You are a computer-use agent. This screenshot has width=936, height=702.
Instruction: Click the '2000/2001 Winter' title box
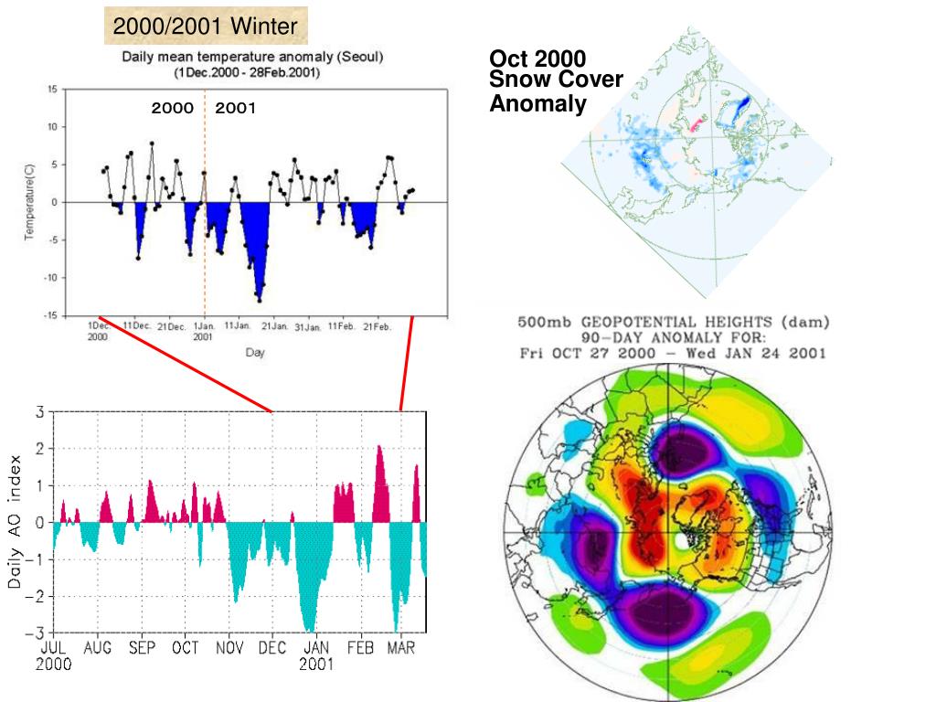(205, 27)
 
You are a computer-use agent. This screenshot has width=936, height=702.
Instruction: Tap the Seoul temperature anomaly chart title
(253, 64)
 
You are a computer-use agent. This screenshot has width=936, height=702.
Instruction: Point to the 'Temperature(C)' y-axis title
(29, 202)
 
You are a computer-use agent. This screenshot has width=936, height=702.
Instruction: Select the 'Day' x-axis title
(255, 353)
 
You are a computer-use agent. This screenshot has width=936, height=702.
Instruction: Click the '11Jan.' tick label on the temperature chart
(238, 325)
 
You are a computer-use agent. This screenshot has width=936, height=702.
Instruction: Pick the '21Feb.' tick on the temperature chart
(377, 325)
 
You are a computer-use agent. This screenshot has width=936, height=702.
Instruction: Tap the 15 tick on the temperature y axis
(52, 89)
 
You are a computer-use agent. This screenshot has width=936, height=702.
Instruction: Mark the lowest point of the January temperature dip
(260, 300)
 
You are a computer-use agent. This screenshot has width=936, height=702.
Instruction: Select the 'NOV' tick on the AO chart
(230, 647)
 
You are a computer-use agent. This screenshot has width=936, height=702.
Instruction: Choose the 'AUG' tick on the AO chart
(98, 647)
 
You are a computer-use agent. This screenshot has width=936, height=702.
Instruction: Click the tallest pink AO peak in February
(379, 447)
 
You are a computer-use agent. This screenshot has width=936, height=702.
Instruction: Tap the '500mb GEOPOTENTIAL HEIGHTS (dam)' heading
(674, 322)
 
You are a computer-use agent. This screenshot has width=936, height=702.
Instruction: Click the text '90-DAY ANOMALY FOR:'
(674, 337)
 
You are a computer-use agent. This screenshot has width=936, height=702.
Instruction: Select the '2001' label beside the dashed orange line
(236, 108)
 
